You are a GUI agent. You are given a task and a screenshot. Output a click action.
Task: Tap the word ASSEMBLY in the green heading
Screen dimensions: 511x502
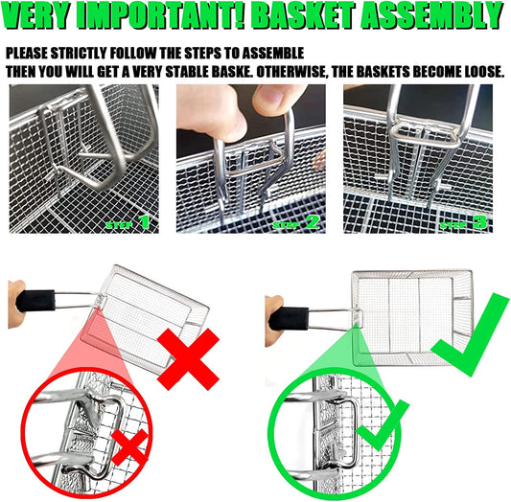tap(432, 16)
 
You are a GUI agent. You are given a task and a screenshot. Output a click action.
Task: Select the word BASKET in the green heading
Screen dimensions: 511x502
tap(303, 16)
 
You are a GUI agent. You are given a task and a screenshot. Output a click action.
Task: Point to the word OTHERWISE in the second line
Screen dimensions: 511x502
tap(292, 72)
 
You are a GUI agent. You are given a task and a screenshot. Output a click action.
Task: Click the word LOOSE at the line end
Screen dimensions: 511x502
tap(484, 72)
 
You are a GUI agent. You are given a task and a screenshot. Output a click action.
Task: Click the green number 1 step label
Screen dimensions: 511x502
tap(145, 222)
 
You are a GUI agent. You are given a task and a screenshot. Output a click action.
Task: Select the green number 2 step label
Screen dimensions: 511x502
tap(313, 222)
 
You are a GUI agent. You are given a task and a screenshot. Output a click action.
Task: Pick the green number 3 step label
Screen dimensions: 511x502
tap(479, 222)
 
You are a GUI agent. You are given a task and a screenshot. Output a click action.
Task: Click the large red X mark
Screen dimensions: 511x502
tap(188, 359)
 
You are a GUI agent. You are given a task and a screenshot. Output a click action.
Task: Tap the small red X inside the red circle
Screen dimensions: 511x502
tap(129, 447)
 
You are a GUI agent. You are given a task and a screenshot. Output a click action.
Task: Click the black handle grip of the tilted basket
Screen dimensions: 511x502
tap(35, 301)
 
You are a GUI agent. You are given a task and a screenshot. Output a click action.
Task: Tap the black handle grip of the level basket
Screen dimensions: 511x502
tap(289, 318)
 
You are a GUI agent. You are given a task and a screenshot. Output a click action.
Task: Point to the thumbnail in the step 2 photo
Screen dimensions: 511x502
tap(270, 97)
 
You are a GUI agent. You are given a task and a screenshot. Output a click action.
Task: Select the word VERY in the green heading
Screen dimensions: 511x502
tap(37, 16)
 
